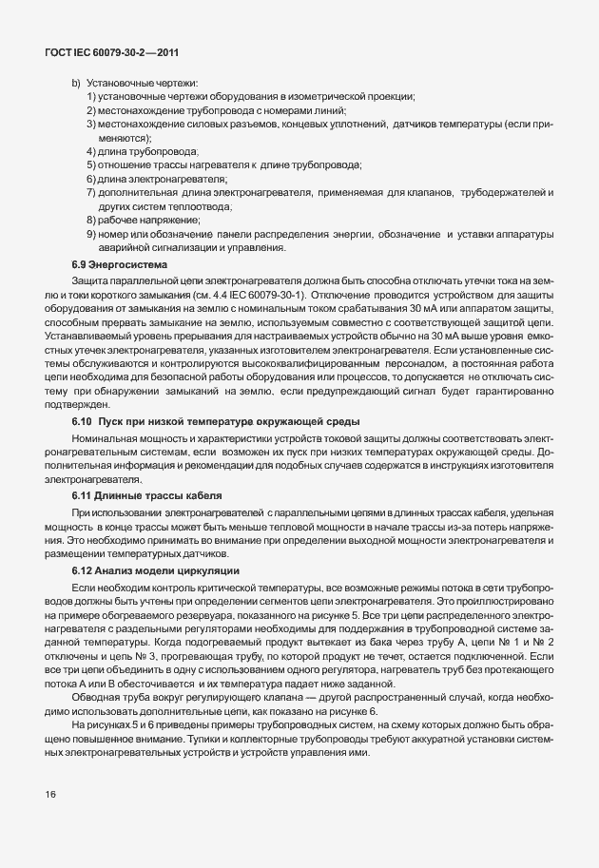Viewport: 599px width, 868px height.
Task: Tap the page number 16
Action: coord(49,793)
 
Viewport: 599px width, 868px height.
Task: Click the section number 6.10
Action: coord(83,420)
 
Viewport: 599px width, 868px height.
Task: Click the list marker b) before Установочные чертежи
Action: coord(75,84)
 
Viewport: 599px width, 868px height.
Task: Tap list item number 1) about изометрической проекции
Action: coord(90,97)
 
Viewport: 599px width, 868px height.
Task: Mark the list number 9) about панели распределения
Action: coord(90,234)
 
